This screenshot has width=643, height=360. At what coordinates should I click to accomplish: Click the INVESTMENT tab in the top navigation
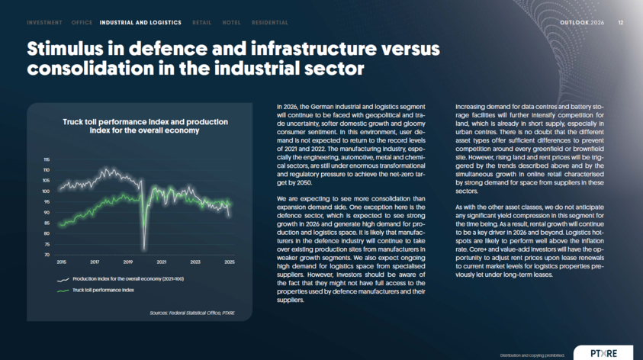(x=44, y=23)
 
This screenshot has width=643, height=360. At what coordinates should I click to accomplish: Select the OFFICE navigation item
(x=82, y=23)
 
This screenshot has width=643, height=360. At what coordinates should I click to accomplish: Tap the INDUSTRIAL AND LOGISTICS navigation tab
(x=140, y=23)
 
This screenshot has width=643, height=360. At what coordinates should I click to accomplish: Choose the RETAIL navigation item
(x=202, y=23)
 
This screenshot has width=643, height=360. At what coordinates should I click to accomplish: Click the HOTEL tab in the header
(x=231, y=23)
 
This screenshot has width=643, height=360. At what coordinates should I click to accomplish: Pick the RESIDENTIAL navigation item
(x=270, y=23)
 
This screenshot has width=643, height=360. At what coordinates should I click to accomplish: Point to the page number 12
(x=620, y=23)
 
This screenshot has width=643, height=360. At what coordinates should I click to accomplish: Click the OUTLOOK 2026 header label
(x=581, y=23)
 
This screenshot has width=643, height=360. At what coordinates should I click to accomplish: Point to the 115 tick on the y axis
(x=47, y=159)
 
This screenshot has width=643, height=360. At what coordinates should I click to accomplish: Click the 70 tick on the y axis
(x=47, y=255)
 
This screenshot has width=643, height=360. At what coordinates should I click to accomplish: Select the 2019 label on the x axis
(x=128, y=262)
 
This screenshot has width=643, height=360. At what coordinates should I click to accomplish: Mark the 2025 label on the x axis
(x=229, y=262)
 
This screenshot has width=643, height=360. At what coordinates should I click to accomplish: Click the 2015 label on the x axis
(x=61, y=262)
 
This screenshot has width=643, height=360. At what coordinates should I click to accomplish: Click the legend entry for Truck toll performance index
(x=103, y=290)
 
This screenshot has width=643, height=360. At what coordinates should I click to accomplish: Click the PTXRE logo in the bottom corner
(x=603, y=352)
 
